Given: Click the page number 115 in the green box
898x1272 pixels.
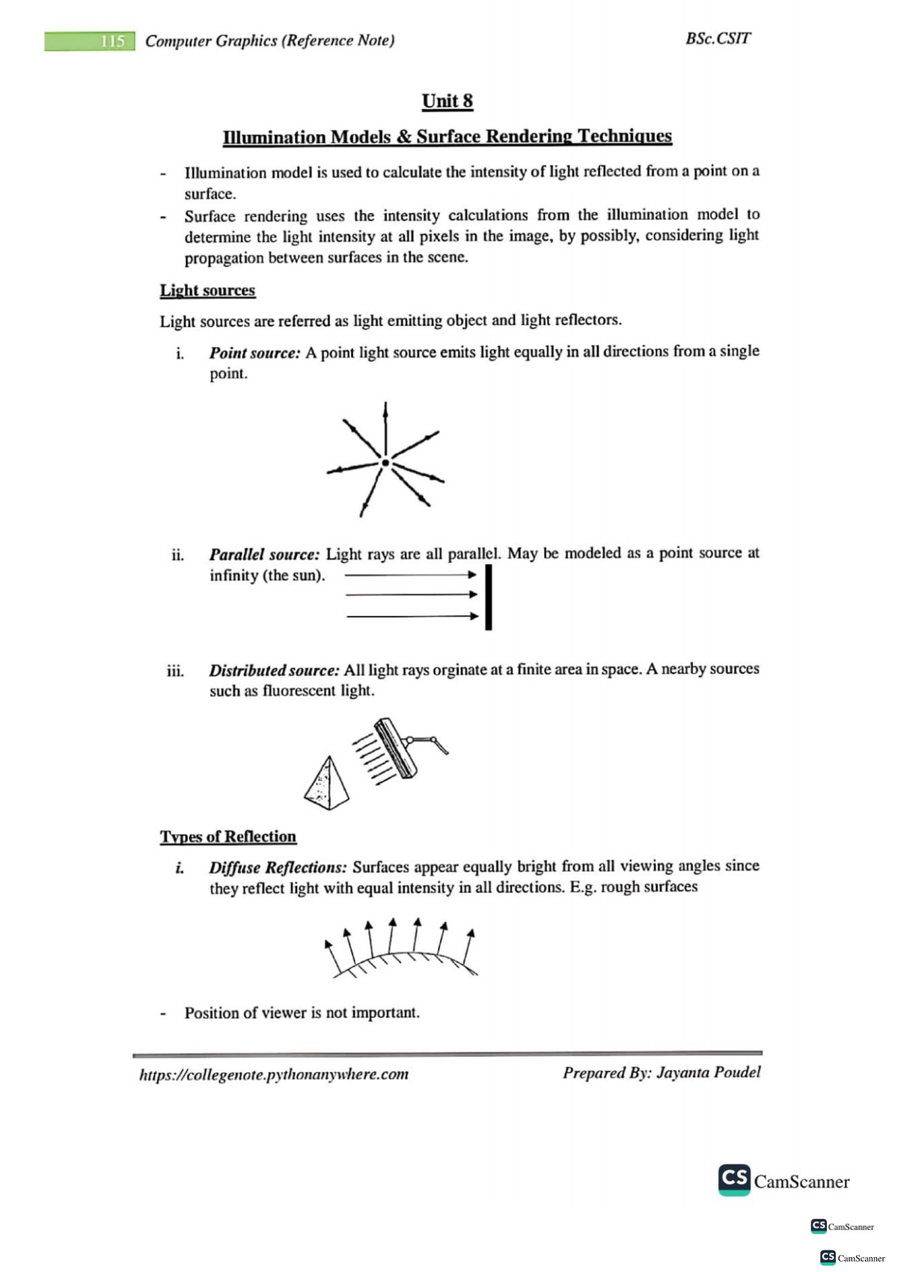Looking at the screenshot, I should click(112, 41).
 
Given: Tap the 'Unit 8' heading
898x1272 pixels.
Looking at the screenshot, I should click(448, 101).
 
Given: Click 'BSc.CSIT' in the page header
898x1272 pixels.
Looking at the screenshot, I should click(718, 39).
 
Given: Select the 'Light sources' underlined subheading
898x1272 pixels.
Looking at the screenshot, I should click(207, 290).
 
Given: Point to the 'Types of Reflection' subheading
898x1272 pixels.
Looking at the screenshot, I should click(227, 837).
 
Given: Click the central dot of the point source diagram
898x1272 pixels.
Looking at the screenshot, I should click(385, 464).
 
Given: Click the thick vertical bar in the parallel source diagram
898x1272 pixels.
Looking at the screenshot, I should click(489, 597).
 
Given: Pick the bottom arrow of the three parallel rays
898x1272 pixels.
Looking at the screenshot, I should click(412, 617).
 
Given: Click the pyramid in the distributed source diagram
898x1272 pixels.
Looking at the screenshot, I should click(327, 781).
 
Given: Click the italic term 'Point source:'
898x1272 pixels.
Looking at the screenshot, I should click(254, 353).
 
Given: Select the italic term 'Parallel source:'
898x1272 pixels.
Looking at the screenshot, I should click(264, 555).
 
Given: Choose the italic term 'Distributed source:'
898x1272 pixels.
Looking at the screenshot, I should click(274, 671).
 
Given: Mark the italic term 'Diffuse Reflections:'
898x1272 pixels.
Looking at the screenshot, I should click(278, 868).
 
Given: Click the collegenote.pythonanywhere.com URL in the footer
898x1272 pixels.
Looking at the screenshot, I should click(274, 1075).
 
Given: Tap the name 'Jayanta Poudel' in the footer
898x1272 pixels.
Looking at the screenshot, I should click(708, 1072).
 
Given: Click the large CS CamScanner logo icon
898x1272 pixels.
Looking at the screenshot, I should click(734, 1179).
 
